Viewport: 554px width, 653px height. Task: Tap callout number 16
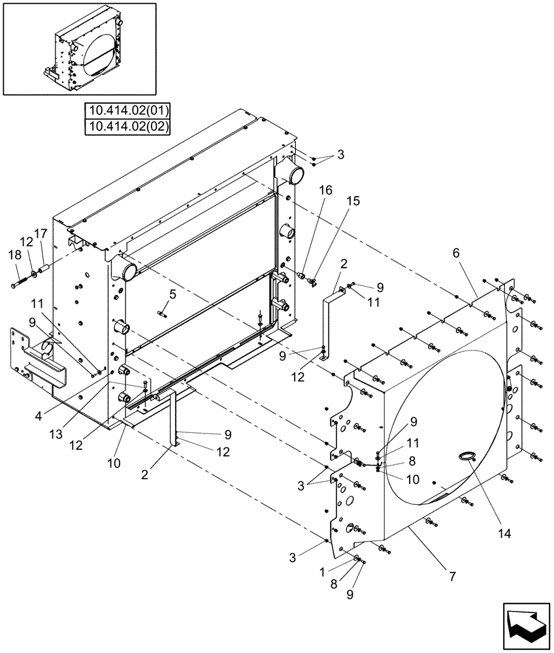325,190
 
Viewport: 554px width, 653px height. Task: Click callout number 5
172,295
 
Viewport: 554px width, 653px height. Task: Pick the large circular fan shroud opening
444,424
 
